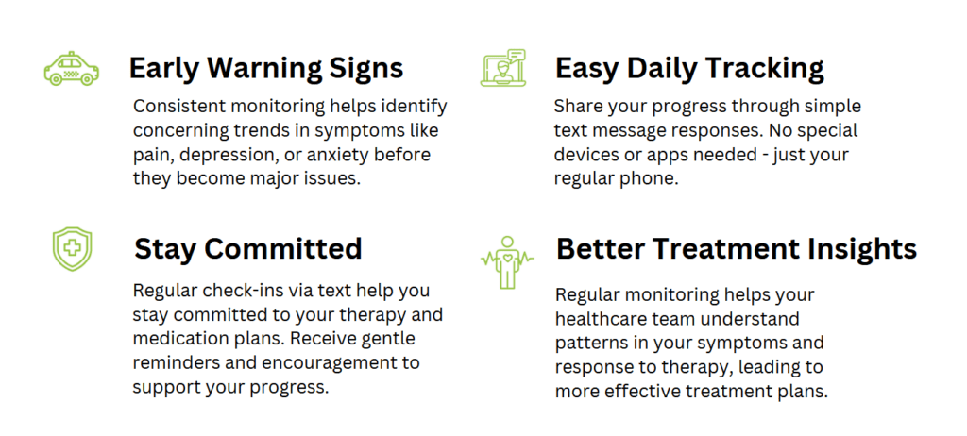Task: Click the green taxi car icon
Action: pyautogui.click(x=71, y=69)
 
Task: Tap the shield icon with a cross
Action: pyautogui.click(x=72, y=249)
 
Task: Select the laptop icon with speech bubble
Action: pyautogui.click(x=503, y=68)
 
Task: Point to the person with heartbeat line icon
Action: pyautogui.click(x=507, y=261)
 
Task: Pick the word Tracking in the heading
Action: pyautogui.click(x=759, y=69)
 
